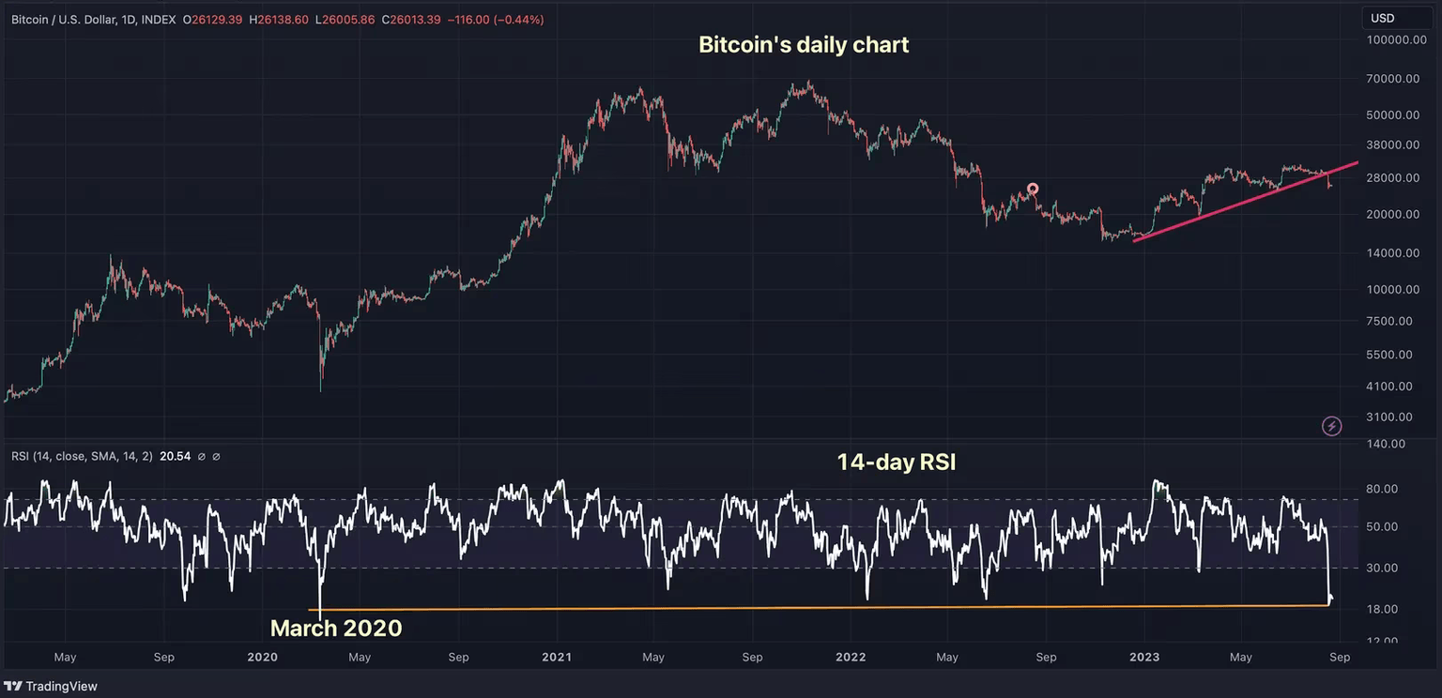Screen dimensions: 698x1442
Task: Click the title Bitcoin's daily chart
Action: [804, 45]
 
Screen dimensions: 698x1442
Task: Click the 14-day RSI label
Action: [896, 462]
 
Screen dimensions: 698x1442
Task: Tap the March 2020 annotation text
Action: [336, 629]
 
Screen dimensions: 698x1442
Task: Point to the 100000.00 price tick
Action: [1391, 40]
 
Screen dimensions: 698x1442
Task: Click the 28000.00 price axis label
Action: [1393, 178]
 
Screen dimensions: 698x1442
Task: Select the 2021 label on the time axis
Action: [557, 658]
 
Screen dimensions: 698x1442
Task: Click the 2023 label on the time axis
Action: [1144, 658]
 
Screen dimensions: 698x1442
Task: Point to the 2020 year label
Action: [262, 658]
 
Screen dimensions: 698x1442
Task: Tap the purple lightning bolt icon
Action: [1331, 427]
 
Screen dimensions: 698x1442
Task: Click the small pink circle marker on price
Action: [1033, 189]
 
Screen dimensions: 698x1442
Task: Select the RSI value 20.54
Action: [176, 457]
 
